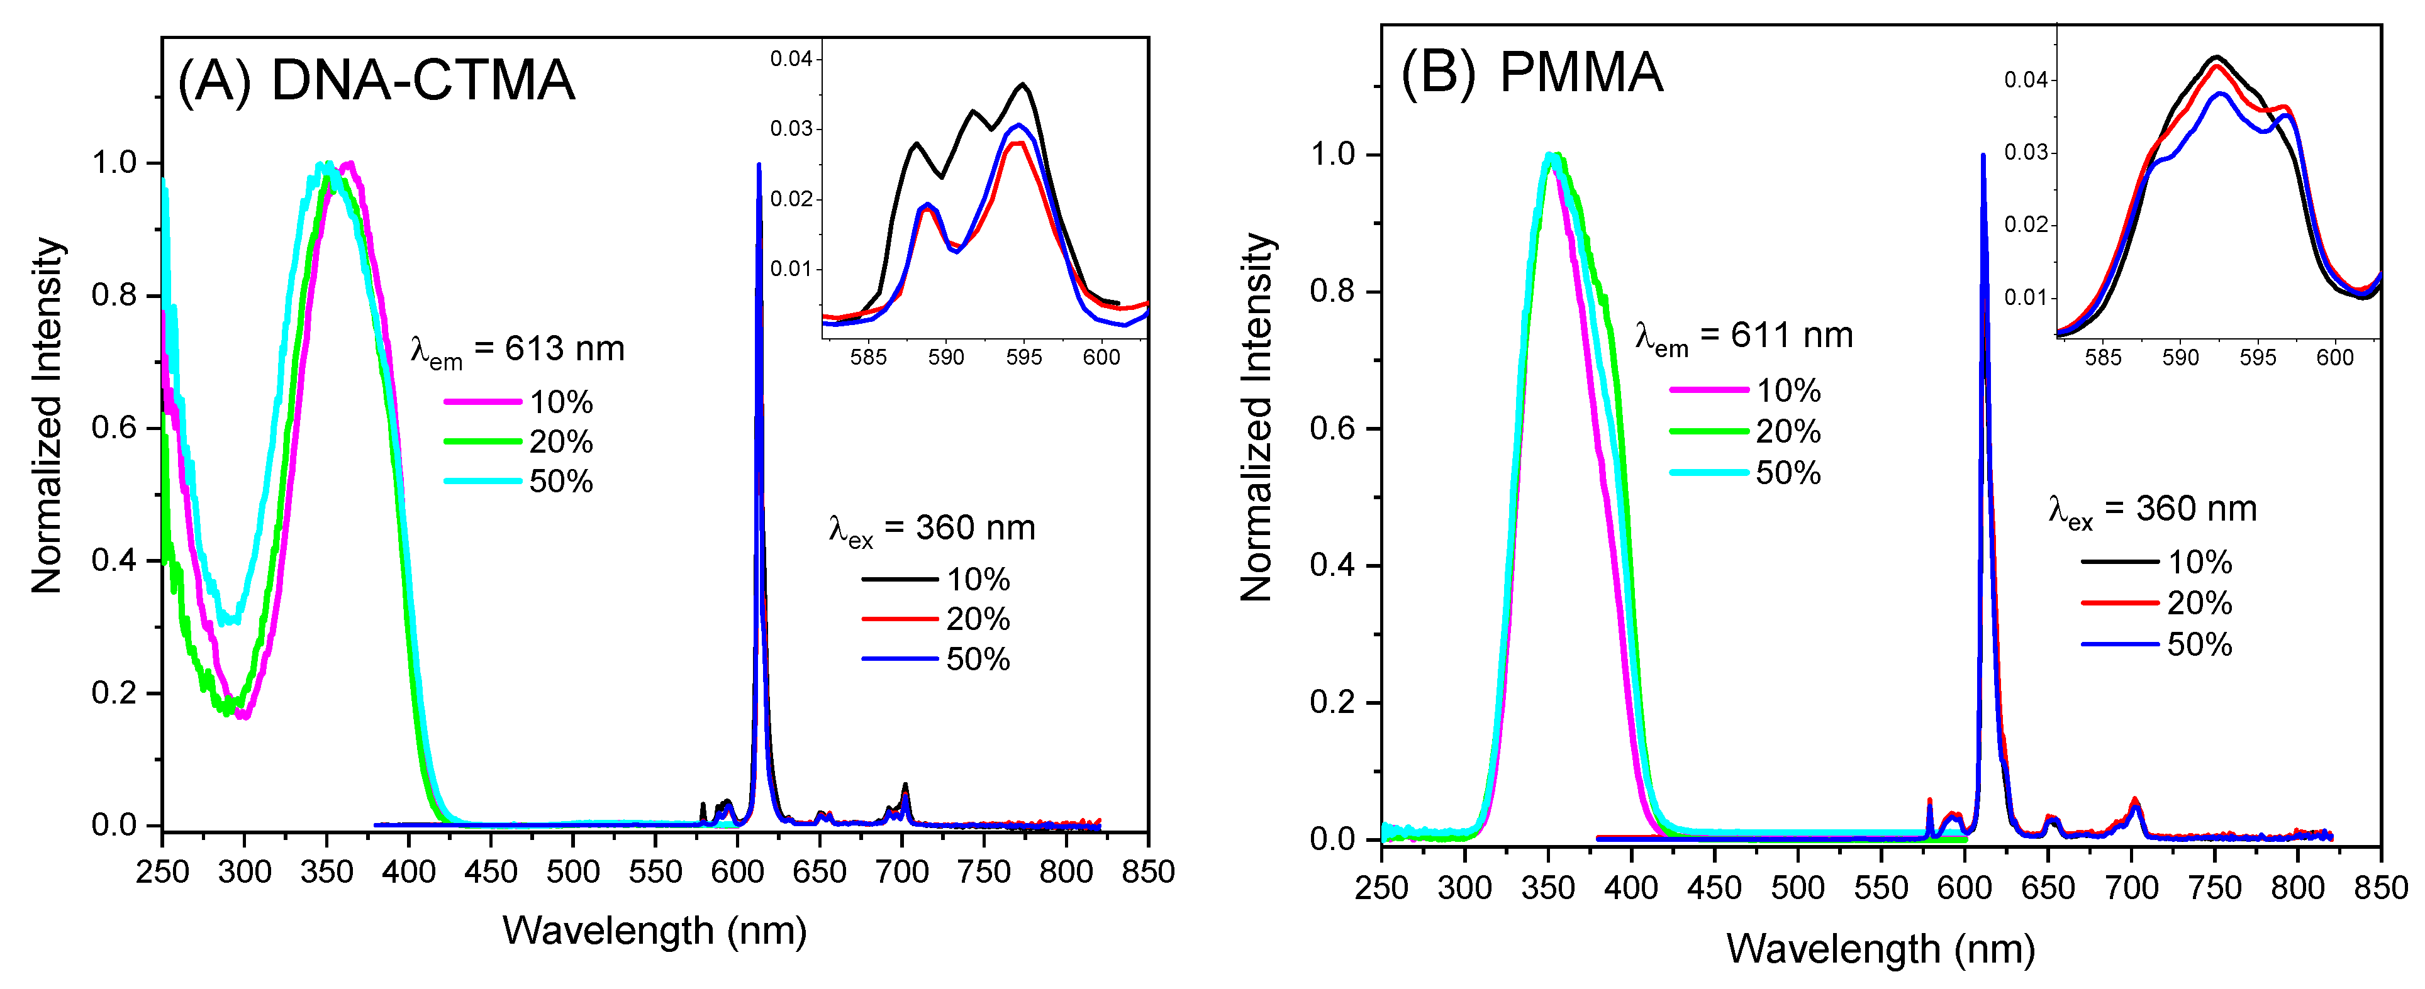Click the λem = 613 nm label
coord(517,350)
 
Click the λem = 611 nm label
coord(1744,337)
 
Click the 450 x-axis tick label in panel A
coord(491,872)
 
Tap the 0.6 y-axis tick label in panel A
coord(114,428)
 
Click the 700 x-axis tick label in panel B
coord(2131,887)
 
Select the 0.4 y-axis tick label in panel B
coord(1333,565)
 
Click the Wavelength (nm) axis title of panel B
coord(1880,949)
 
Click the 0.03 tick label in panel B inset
coord(2025,152)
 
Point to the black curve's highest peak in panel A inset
coord(1022,85)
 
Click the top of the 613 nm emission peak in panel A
coord(759,165)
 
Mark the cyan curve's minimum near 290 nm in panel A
coord(229,621)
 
